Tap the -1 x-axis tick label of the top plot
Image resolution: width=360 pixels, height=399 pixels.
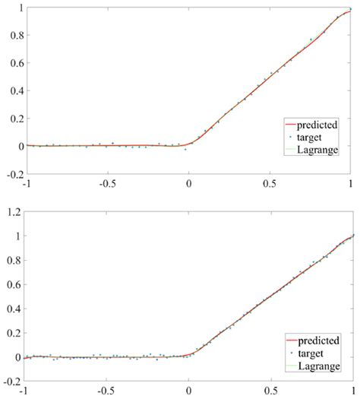coord(27,183)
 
